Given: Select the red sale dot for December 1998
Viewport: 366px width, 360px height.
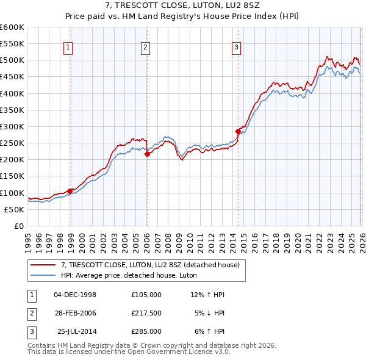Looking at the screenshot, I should click(70, 191).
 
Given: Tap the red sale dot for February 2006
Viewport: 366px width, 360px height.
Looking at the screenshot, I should click(148, 154).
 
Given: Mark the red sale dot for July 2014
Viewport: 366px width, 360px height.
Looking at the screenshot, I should click(238, 131).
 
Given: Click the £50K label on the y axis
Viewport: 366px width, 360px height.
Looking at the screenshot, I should click(14, 209).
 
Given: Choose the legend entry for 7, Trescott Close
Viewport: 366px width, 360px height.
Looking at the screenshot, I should click(152, 265).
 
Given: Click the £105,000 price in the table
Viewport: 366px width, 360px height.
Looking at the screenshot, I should click(146, 294).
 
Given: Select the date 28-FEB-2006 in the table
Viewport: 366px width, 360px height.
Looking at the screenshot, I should click(75, 313).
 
